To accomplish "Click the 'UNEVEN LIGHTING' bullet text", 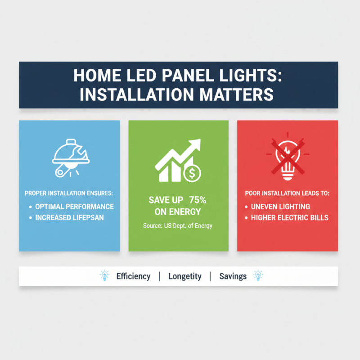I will click(x=280, y=207).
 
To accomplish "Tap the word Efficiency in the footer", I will click(x=133, y=276).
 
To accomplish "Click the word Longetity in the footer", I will click(x=185, y=276).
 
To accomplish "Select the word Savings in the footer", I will click(x=233, y=276).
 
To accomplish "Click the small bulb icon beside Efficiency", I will click(x=104, y=275).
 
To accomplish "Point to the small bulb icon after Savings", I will click(x=258, y=275).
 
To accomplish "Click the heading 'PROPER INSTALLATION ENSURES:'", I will click(x=69, y=193).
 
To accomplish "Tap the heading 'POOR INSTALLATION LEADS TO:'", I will click(x=287, y=193).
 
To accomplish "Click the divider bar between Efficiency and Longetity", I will click(x=159, y=276).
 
